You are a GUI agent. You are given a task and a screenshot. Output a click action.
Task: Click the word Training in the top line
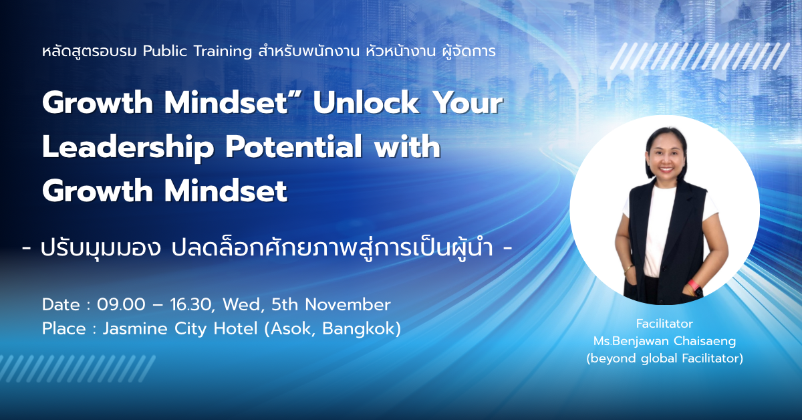click(x=223, y=52)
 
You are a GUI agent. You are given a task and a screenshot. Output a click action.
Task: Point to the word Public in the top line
click(x=165, y=51)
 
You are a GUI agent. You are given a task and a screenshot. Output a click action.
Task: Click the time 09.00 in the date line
click(x=122, y=305)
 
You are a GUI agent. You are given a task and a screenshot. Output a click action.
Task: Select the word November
click(x=348, y=305)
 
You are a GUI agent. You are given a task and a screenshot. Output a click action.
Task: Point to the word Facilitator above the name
click(x=664, y=324)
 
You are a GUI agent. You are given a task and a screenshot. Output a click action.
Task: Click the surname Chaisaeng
click(x=705, y=341)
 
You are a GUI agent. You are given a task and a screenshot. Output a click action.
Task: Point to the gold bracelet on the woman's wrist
click(x=628, y=268)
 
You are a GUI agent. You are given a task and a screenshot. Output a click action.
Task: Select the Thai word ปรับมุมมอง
click(x=101, y=249)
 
